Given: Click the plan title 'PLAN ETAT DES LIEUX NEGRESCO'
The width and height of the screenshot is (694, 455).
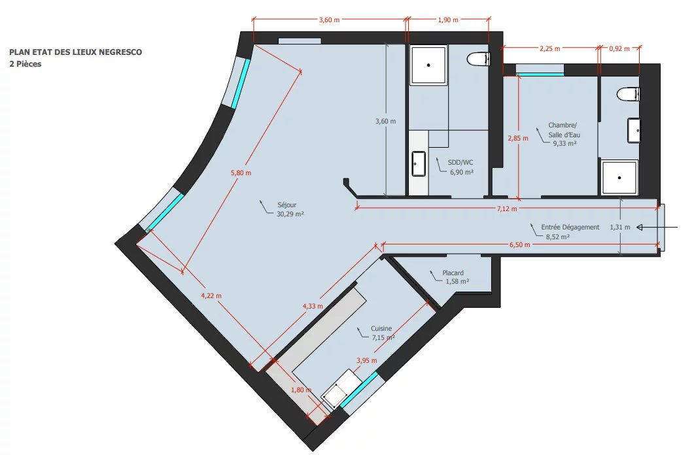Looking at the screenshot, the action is point(76,52).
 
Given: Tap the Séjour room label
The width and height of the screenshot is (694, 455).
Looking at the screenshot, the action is point(286,205).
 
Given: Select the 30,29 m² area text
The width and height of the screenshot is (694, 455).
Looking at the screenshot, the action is point(290,214).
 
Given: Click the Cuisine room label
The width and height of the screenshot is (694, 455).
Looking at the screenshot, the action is point(381,329).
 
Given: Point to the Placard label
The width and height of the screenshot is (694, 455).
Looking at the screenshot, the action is point(453,273).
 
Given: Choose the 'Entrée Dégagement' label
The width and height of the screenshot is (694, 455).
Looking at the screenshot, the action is point(570,227).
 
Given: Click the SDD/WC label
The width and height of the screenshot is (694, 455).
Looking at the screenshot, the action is point(460,162).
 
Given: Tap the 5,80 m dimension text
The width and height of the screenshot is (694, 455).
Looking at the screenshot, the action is point(241,173).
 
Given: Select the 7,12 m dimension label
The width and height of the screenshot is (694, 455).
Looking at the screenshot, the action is point(507,209).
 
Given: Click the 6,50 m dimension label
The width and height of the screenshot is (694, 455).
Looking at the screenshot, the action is point(519,244).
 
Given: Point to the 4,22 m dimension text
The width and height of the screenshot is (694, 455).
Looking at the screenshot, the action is point(211,295).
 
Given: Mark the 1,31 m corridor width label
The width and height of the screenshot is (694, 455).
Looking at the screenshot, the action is point(619,227).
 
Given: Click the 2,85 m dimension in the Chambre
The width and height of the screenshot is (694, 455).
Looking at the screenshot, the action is point(518,138).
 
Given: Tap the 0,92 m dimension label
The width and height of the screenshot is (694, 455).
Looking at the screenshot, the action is point(619,48).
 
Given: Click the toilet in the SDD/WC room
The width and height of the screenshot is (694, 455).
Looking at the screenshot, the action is point(478,59).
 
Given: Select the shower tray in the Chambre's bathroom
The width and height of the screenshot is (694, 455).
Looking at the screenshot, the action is point(619,177).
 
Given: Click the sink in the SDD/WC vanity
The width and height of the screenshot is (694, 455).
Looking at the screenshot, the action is point(418,163).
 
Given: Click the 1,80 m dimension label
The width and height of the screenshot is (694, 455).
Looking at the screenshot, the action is point(301,390).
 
